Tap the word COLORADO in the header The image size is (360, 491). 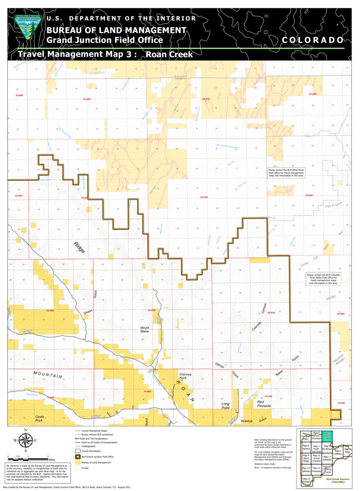coord(313,40)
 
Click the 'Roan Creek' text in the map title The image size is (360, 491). coord(169,55)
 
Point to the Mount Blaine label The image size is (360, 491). coord(145,329)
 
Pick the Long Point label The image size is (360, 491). coord(225,406)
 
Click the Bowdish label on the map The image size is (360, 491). coord(247,421)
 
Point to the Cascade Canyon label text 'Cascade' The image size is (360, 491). coord(257,326)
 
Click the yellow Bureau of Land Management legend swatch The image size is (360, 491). coord(78,462)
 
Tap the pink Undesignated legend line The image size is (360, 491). coord(78,446)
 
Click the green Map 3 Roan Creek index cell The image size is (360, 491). coord(327,436)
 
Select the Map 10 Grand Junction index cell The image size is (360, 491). coord(316,458)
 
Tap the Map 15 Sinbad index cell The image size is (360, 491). coord(306,480)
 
